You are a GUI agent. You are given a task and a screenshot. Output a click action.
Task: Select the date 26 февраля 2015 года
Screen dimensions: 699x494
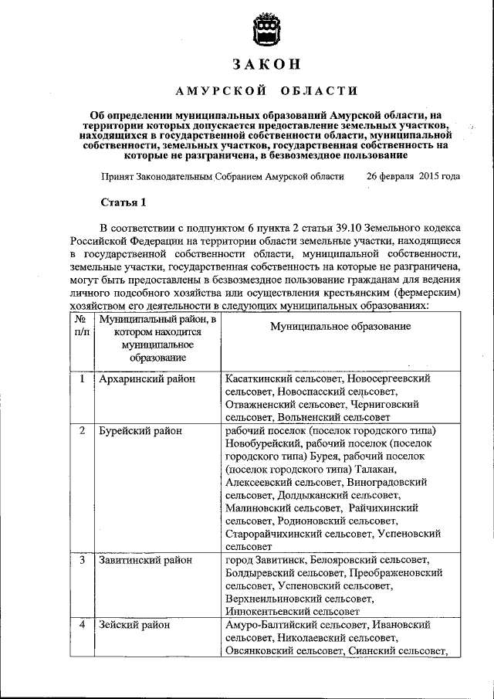413,175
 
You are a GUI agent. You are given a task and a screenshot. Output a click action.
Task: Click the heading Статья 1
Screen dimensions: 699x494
123,203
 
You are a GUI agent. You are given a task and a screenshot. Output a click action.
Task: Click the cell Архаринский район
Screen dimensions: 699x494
147,379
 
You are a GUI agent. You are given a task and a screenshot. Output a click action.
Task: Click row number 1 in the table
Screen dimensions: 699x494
81,379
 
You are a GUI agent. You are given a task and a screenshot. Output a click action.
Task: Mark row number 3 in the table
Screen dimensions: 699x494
81,560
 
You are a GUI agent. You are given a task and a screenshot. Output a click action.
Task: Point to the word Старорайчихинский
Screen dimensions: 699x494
276,533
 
